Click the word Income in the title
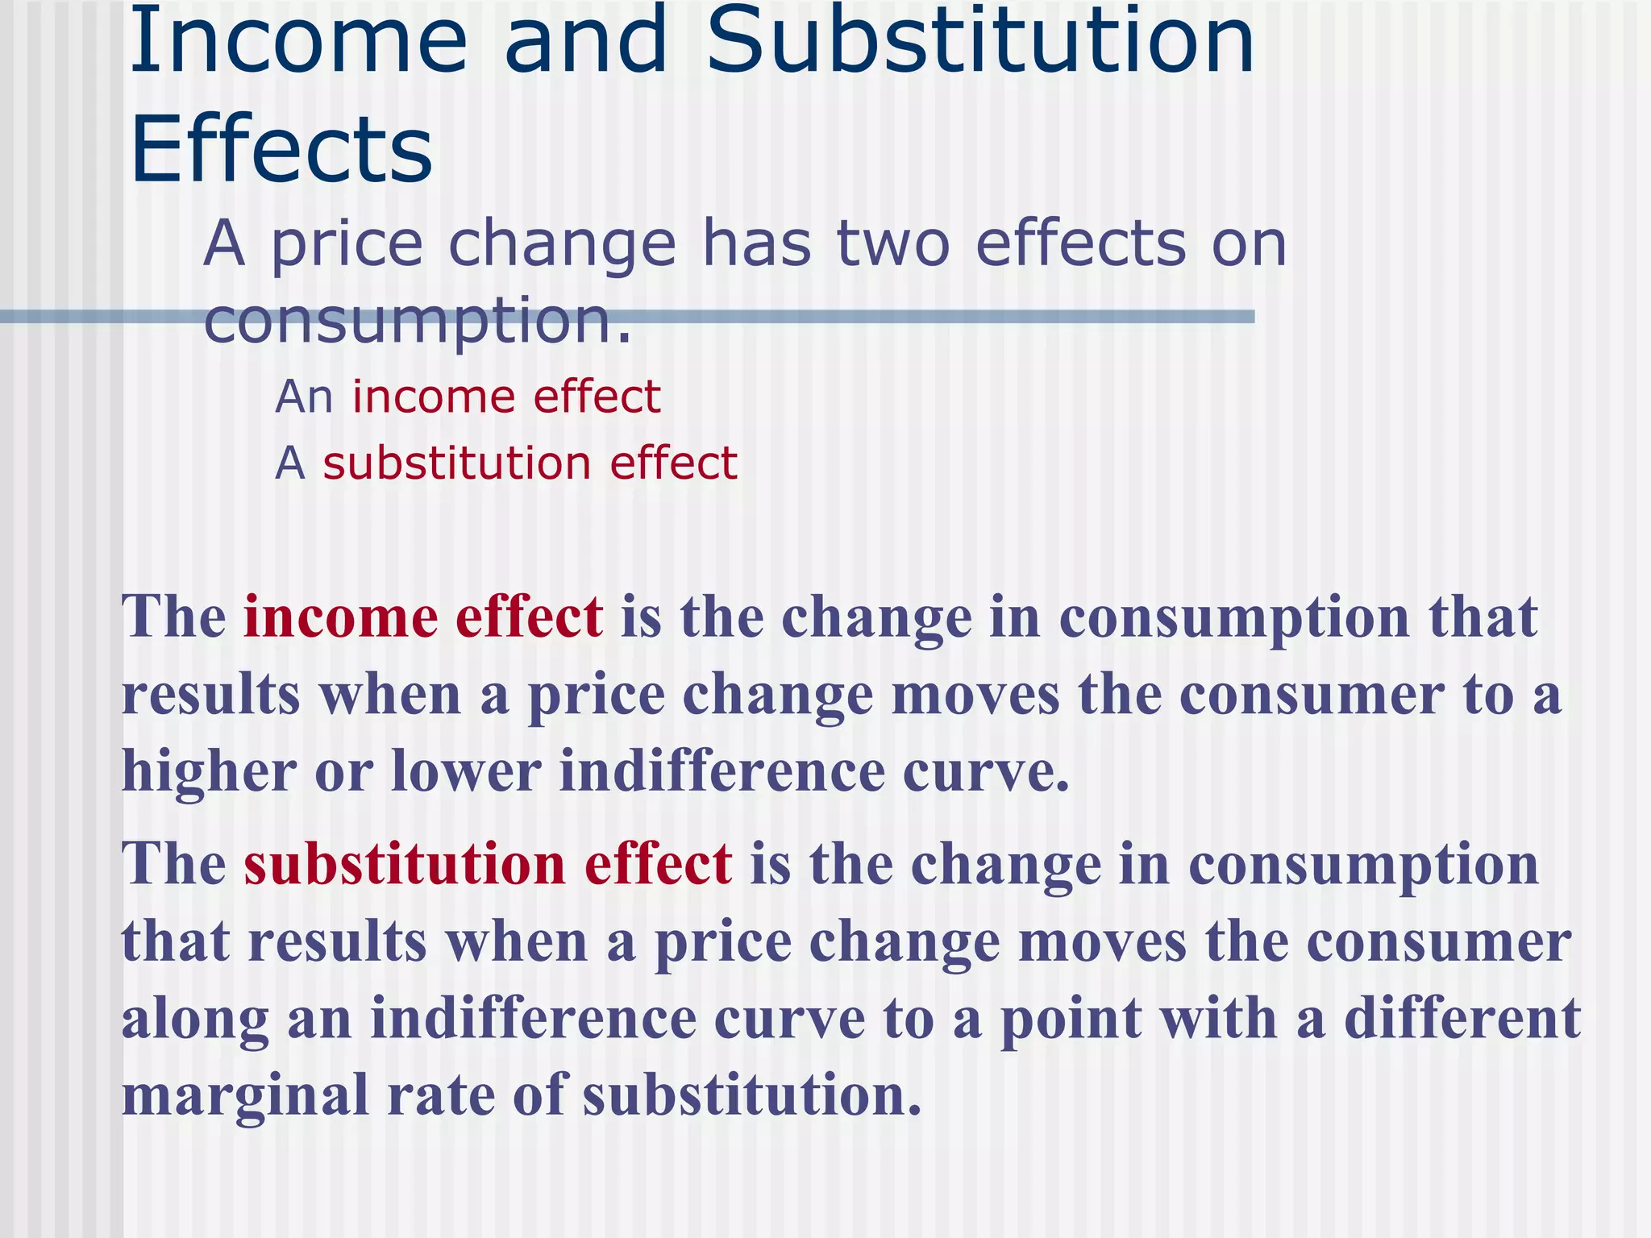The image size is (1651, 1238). coord(298,40)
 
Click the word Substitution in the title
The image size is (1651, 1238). coord(980,40)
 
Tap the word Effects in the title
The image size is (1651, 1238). coord(281,149)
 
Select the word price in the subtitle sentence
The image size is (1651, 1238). coord(347,245)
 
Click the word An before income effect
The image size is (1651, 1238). coord(304,397)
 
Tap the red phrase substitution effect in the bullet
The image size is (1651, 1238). coord(530,464)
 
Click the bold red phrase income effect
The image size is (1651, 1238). coord(423,617)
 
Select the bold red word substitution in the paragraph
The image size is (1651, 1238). coord(405,864)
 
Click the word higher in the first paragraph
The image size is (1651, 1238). coord(209,772)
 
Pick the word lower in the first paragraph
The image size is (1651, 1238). coord(466,772)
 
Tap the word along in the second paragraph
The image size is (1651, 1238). coord(195,1019)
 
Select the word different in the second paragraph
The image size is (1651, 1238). coord(1462,1019)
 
